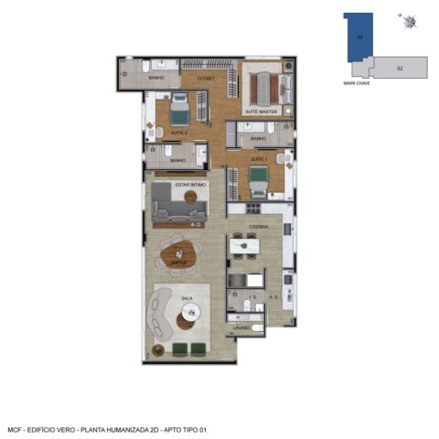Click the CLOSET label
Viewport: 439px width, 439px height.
tap(205, 79)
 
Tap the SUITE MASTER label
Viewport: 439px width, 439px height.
tap(261, 112)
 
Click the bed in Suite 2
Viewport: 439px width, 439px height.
tap(178, 113)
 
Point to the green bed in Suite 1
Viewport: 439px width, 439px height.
tap(259, 177)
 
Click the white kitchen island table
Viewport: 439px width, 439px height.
tap(244, 246)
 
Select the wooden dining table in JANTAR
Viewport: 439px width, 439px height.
tap(177, 249)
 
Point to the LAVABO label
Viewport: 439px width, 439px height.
tap(241, 327)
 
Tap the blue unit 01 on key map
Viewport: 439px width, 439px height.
tap(358, 38)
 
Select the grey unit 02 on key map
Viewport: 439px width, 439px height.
tap(401, 68)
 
